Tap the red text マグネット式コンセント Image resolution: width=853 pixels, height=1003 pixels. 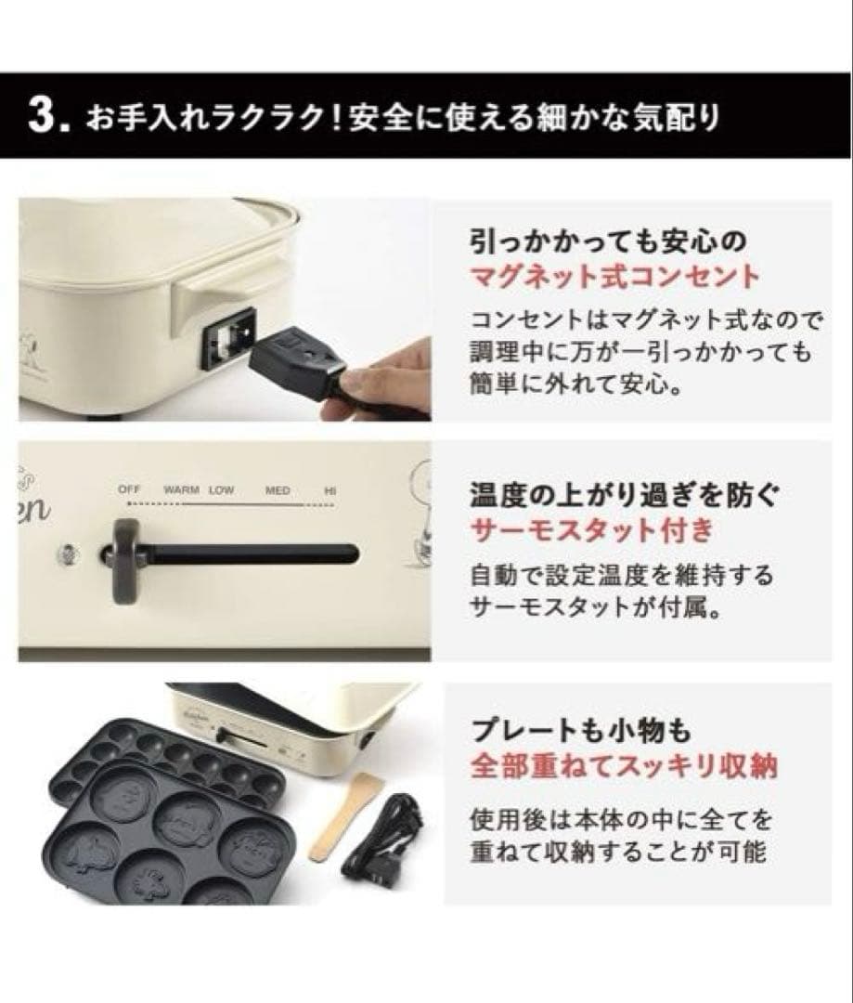click(x=615, y=277)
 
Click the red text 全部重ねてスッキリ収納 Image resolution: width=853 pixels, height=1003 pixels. click(x=624, y=764)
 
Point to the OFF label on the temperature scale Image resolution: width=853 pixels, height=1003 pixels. click(x=129, y=489)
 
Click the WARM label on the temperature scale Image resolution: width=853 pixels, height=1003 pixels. click(x=182, y=490)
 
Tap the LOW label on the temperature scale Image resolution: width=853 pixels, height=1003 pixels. click(x=221, y=490)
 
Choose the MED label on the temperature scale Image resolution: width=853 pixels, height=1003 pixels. click(x=278, y=490)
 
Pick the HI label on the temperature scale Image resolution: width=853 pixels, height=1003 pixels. click(x=330, y=490)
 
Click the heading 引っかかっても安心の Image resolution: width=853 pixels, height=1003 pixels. click(x=608, y=241)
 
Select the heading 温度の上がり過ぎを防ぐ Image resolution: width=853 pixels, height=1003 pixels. click(x=624, y=495)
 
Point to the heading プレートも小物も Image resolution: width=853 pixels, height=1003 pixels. click(x=581, y=729)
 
